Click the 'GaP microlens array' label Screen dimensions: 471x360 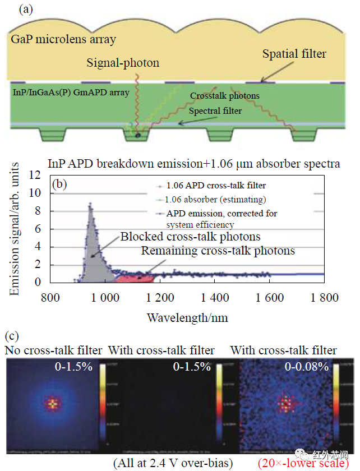click(62, 39)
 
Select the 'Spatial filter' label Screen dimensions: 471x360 click(294, 54)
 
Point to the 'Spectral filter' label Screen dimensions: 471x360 click(215, 111)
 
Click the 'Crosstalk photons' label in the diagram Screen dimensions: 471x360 click(224, 96)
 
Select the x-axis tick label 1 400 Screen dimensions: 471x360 click(215, 297)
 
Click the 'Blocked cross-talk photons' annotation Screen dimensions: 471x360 click(190, 237)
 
